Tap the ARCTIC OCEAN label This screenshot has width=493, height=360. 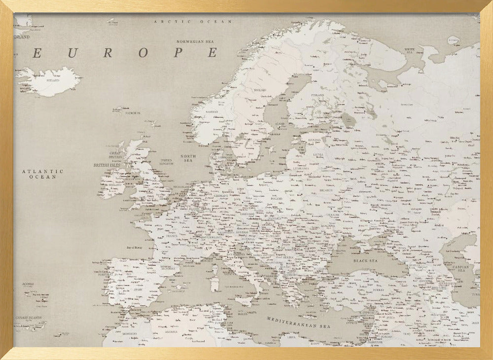click(x=193, y=22)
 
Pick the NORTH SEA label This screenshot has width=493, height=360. click(x=188, y=158)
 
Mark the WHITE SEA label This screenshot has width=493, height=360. click(x=409, y=50)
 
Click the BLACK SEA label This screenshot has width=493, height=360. click(x=365, y=260)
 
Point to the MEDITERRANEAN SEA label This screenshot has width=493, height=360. click(x=298, y=323)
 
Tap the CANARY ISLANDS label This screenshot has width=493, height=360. click(x=28, y=318)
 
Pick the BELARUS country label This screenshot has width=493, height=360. click(x=326, y=189)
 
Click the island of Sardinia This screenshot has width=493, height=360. click(x=214, y=284)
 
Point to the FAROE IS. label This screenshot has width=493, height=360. click(x=133, y=113)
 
